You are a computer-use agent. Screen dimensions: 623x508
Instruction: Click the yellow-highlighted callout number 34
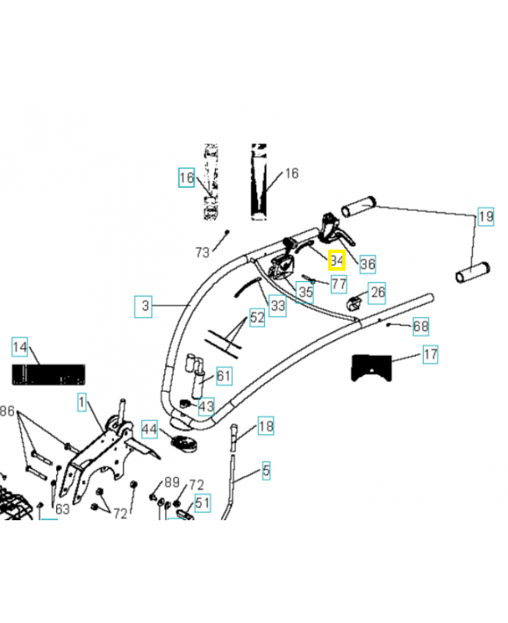(337, 259)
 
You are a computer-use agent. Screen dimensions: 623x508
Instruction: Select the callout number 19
(485, 216)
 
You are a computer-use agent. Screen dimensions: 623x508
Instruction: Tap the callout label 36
(368, 264)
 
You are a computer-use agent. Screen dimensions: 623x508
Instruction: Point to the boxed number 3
(145, 306)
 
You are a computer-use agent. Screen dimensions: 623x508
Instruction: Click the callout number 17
(430, 355)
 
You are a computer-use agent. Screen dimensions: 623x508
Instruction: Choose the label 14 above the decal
(20, 347)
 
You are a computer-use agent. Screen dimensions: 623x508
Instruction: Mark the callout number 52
(257, 317)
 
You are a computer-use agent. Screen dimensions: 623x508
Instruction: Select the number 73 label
(203, 252)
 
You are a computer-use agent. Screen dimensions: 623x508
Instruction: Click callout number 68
(421, 326)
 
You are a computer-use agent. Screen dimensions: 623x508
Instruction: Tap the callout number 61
(224, 377)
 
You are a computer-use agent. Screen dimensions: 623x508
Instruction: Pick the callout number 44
(149, 428)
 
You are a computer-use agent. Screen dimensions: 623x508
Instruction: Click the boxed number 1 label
(81, 403)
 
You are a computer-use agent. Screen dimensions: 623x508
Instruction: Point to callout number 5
(266, 470)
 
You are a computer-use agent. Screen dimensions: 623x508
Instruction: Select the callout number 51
(203, 503)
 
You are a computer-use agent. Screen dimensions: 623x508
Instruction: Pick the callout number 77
(338, 283)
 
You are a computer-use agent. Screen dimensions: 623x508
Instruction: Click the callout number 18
(266, 426)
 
